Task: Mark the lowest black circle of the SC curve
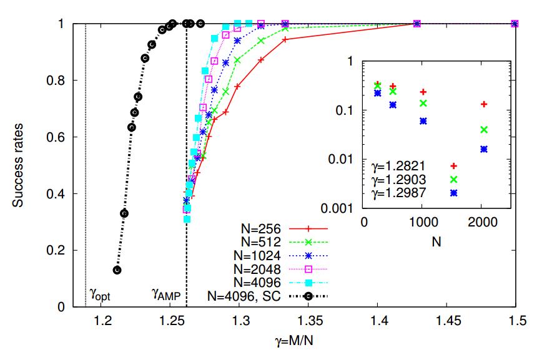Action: pos(117,270)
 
